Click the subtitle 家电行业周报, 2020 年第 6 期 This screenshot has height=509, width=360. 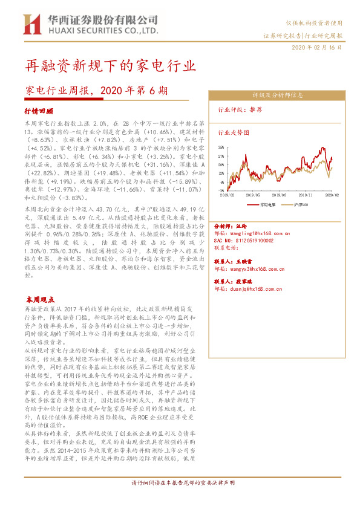[x=96, y=91]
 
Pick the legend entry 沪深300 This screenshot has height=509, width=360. [x=300, y=204]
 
